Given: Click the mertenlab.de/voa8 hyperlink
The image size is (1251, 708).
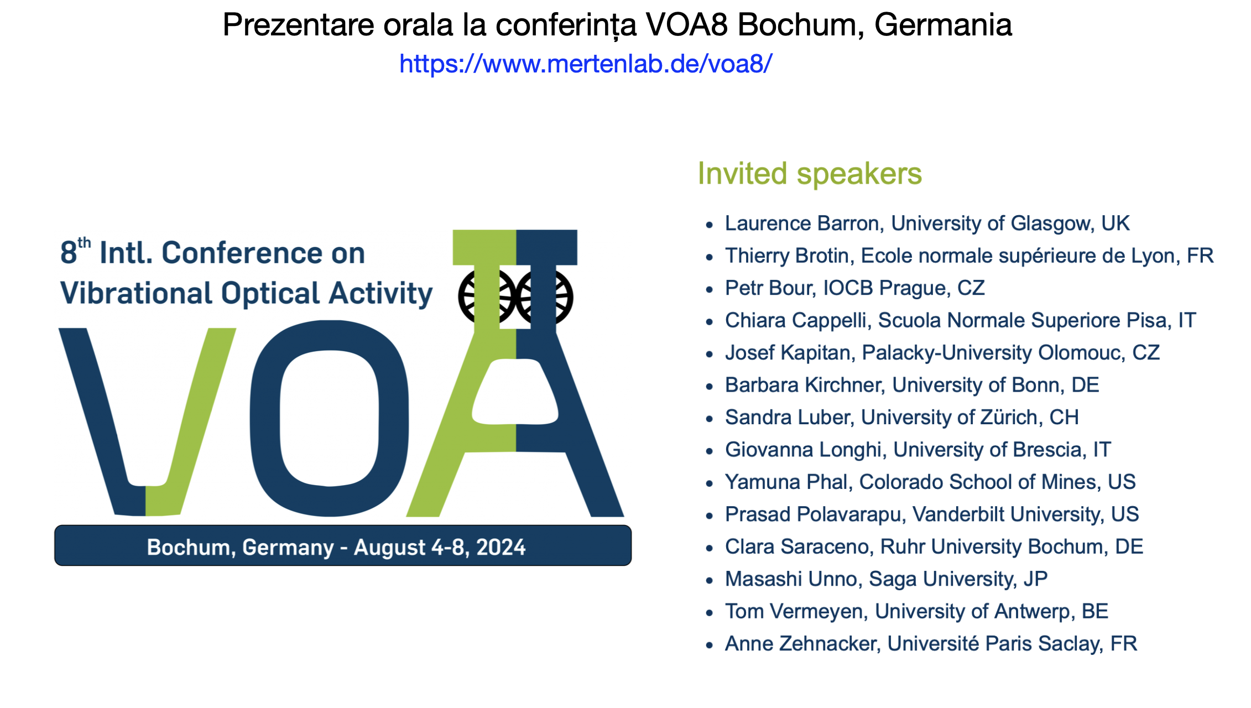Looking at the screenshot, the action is (586, 64).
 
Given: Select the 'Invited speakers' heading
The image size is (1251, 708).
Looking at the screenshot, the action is (810, 174).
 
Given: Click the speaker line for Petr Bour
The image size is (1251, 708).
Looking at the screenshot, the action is (855, 288).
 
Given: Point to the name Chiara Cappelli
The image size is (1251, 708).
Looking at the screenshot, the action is (798, 320).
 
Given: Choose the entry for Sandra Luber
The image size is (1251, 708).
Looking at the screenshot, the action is (902, 417).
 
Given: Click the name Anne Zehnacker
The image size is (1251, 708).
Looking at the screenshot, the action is (802, 643).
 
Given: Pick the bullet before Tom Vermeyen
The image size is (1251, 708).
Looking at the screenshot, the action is (710, 612).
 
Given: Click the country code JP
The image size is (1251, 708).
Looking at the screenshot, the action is (1035, 579).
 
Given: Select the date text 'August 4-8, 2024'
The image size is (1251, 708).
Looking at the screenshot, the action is (440, 547).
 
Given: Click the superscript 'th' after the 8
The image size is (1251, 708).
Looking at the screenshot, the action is (84, 243).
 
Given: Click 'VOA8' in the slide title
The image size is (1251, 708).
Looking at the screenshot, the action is (686, 25).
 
